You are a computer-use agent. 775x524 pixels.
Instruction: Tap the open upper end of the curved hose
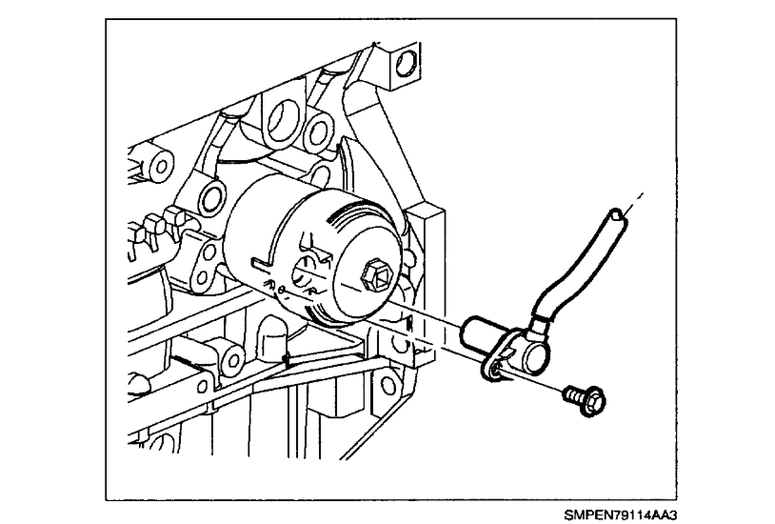622,215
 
